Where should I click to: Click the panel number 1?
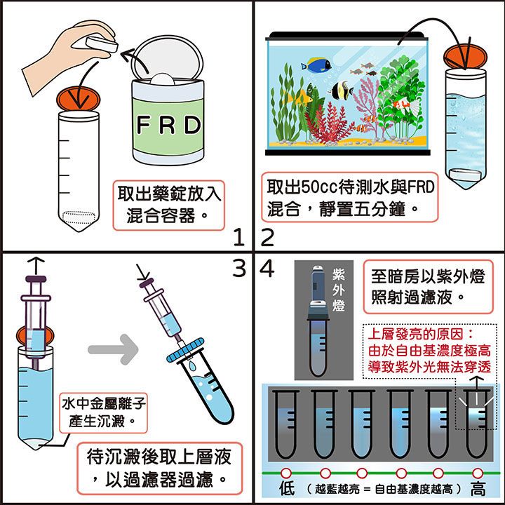[239, 238]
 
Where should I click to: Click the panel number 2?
[267, 238]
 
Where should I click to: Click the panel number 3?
[239, 267]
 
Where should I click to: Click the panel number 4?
[267, 267]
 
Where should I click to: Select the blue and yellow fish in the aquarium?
[316, 66]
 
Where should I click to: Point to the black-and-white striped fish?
[344, 90]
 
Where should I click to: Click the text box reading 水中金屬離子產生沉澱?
[104, 412]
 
